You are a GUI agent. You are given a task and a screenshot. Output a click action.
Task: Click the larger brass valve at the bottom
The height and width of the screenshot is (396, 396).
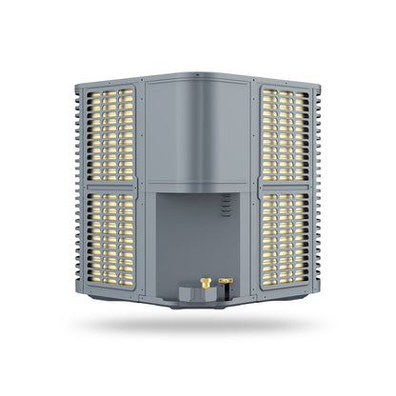point(205,283)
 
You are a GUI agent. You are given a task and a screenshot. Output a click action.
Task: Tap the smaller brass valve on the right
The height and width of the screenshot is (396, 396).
point(226,281)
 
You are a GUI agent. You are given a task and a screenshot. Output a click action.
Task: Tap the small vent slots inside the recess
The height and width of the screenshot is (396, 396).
point(226,205)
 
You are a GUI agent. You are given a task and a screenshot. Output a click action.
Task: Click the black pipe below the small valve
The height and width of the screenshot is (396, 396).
point(226,290)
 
